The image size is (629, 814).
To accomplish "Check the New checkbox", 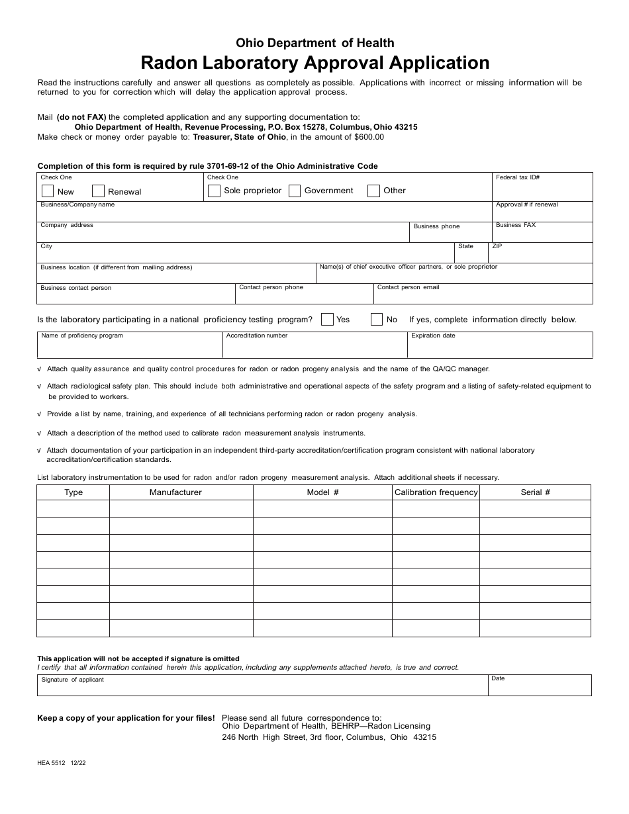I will coord(48,191).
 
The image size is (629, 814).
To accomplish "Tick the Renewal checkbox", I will coord(98,191).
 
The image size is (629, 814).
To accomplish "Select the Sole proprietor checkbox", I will coord(214,191).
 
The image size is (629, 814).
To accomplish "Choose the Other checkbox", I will coord(373,191).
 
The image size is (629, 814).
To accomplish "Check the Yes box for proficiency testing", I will coord(327,320).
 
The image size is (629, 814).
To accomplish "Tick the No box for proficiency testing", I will coord(377,320).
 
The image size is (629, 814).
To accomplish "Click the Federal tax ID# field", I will coord(542,191).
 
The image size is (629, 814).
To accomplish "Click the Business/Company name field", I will coord(265,214).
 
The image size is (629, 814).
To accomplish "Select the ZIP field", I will coord(541,255).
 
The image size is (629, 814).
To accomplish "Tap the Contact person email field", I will coord(483,296).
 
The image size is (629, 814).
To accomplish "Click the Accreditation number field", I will coord(314,347).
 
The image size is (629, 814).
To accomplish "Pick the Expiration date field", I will coord(500,347).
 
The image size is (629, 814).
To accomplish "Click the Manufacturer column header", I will coord(175,492).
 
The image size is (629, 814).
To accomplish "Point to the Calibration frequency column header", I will coord(436,492).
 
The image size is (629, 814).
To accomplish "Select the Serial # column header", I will coord(535,492).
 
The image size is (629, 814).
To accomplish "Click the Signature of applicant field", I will coord(263,688).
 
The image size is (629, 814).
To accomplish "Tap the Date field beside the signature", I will coord(540,688).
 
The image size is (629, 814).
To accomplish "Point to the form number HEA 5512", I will coord(52,762).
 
